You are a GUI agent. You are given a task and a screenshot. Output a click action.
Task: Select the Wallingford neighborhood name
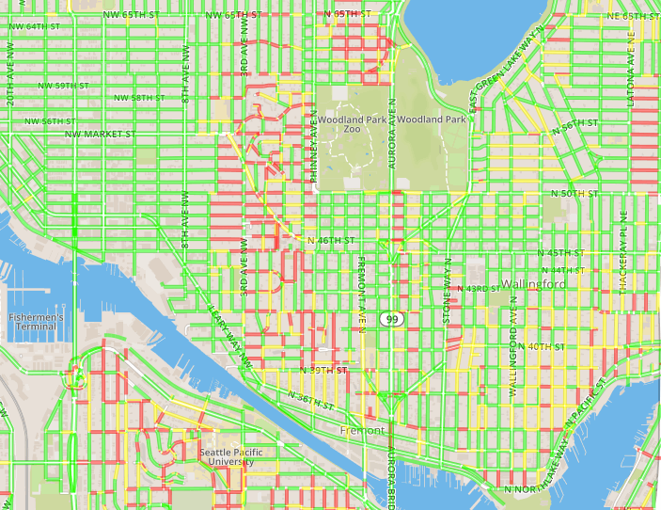(533, 284)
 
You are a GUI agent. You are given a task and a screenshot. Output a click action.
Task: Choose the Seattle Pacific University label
(225, 457)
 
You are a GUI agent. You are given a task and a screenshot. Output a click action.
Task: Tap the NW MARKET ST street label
(100, 135)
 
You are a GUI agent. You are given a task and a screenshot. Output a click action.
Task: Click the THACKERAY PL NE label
(622, 259)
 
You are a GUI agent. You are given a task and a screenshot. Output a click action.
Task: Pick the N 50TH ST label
(574, 193)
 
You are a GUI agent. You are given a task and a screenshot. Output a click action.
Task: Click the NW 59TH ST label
(63, 86)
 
